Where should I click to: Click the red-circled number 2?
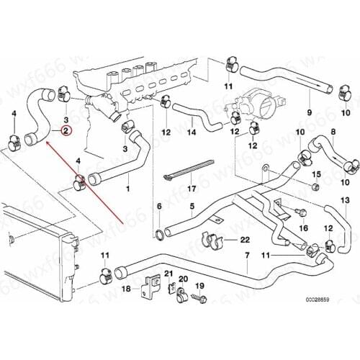pyautogui.click(x=66, y=130)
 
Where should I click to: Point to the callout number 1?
pyautogui.click(x=128, y=189)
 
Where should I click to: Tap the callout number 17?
pyautogui.click(x=191, y=189)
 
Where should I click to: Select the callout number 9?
pyautogui.click(x=309, y=112)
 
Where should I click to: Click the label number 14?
pyautogui.click(x=192, y=132)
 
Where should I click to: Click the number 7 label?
pyautogui.click(x=246, y=257)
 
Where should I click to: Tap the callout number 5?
pyautogui.click(x=192, y=207)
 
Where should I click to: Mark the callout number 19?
pyautogui.click(x=200, y=287)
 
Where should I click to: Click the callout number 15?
pyautogui.click(x=315, y=174)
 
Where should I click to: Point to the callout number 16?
pyautogui.click(x=304, y=228)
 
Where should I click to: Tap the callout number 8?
pyautogui.click(x=333, y=132)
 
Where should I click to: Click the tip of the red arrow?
pyautogui.click(x=46, y=143)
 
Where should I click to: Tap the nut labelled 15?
pyautogui.click(x=315, y=188)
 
